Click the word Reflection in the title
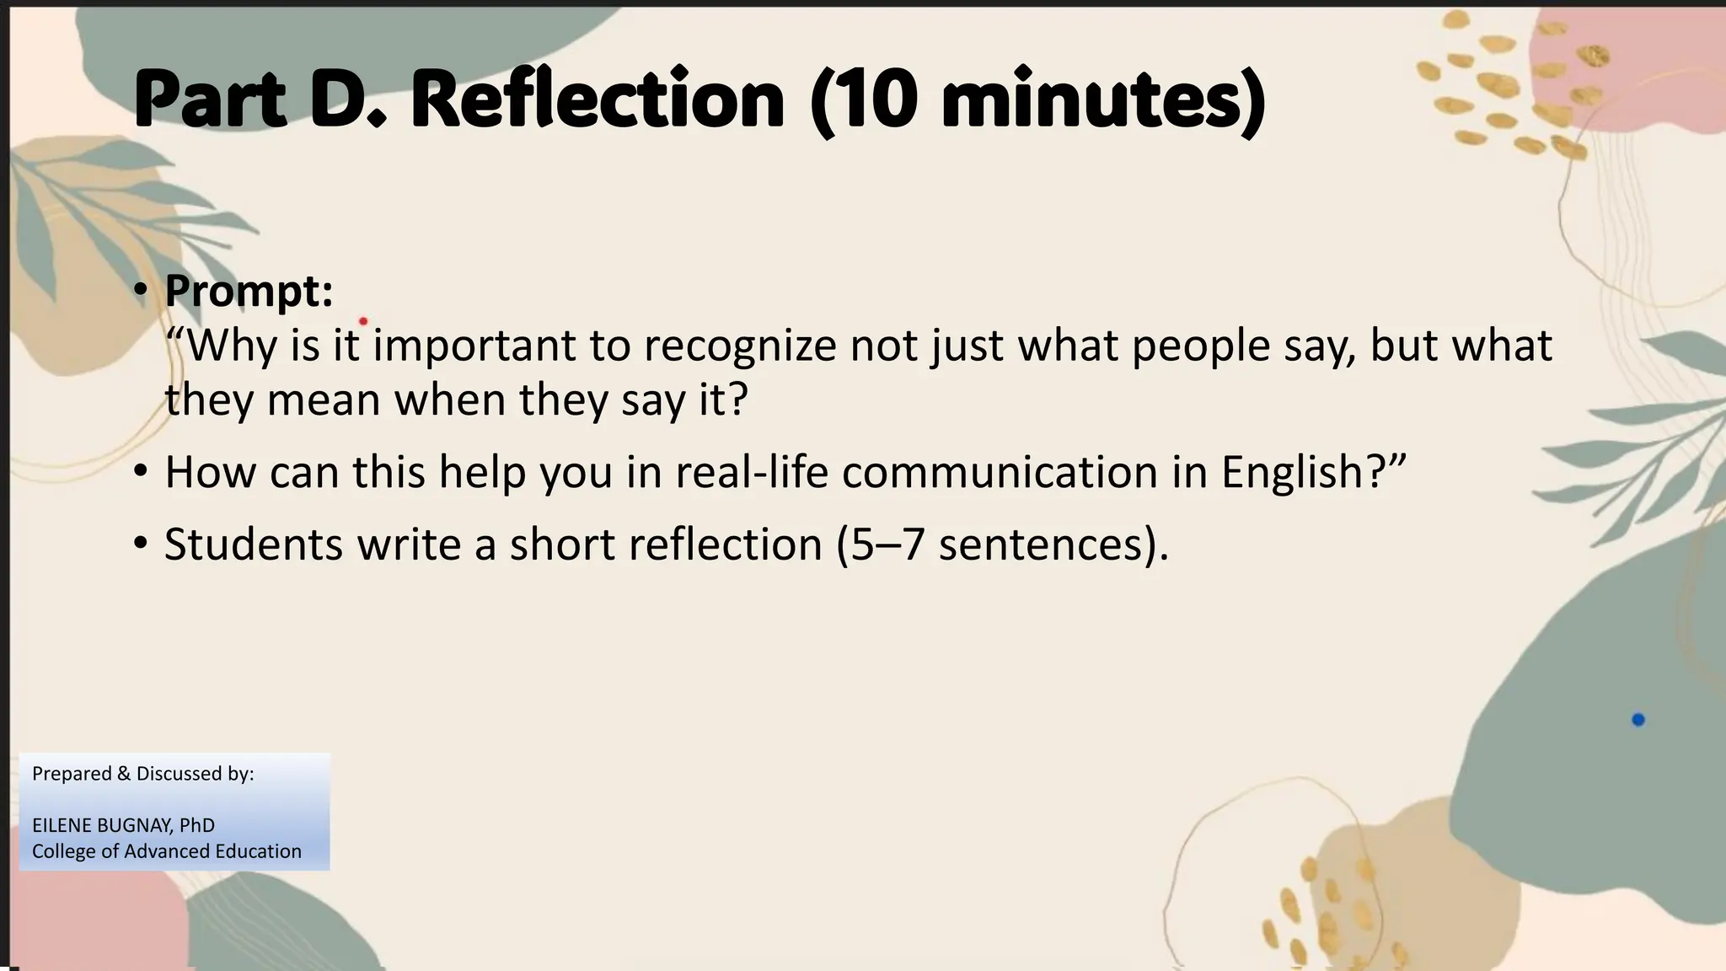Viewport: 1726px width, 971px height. pyautogui.click(x=598, y=100)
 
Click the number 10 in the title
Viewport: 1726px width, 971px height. pyautogui.click(x=876, y=100)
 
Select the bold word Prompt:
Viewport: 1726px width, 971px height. pyautogui.click(x=249, y=291)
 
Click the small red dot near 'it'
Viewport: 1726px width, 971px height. pyautogui.click(x=363, y=321)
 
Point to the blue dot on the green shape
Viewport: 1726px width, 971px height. pyautogui.click(x=1638, y=720)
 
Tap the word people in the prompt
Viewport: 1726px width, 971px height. pyautogui.click(x=1200, y=346)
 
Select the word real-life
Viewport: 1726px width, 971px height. pyautogui.click(x=752, y=472)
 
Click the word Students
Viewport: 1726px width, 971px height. pyautogui.click(x=253, y=545)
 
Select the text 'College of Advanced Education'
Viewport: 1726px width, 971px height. pyautogui.click(x=167, y=851)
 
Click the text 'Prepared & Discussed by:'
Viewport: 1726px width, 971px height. pyautogui.click(x=143, y=774)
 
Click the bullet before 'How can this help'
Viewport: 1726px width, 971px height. pyautogui.click(x=141, y=470)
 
